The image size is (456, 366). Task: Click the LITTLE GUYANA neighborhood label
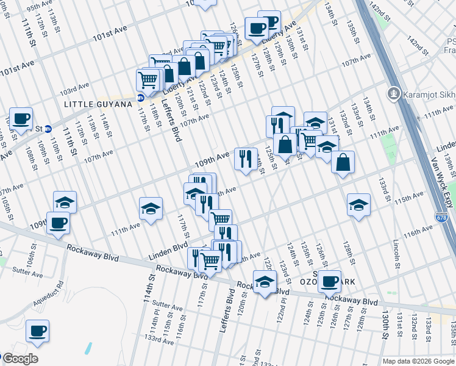tap(98, 105)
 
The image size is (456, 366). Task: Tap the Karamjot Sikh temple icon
tap(393, 94)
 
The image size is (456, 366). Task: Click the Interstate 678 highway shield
tap(440, 217)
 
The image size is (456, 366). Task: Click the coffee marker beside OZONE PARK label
tap(329, 281)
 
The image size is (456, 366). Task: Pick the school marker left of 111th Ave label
tap(151, 209)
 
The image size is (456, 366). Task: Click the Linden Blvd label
tap(167, 250)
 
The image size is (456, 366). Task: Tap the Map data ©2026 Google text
tap(418, 361)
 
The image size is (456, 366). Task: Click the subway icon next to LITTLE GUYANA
tap(141, 98)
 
